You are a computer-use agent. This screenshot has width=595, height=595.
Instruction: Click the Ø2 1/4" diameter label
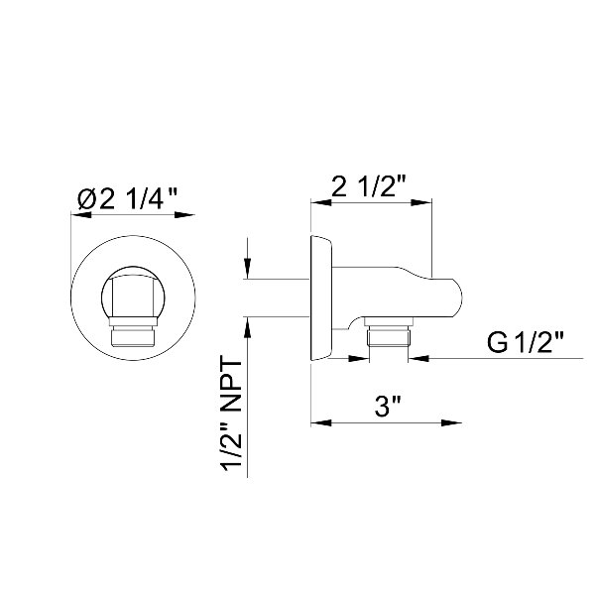point(128,199)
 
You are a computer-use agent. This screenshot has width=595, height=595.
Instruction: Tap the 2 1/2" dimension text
point(369,186)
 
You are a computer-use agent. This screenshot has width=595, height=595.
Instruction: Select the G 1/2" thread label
point(526,342)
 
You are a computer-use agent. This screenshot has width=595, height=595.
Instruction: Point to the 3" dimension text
point(388,406)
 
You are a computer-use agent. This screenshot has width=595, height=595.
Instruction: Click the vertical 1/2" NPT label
point(232,416)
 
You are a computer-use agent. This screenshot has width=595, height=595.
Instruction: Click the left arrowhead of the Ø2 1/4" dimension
point(81,215)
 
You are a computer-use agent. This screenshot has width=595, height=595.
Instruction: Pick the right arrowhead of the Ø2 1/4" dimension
point(184,215)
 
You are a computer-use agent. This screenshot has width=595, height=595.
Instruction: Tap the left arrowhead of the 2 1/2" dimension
point(321,202)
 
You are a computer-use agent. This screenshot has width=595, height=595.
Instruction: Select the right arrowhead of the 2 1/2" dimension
point(421,202)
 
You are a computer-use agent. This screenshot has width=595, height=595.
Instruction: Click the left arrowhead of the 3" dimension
point(321,422)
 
